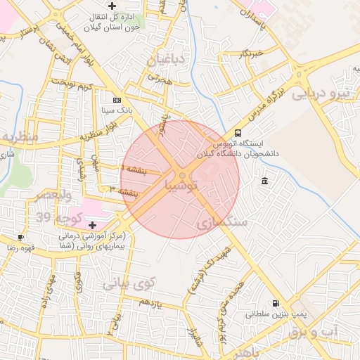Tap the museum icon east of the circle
264,181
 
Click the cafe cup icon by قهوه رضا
20,237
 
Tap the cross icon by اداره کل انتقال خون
112,6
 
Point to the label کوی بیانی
128,284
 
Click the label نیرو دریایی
321,93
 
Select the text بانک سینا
117,110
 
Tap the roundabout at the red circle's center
181,175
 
